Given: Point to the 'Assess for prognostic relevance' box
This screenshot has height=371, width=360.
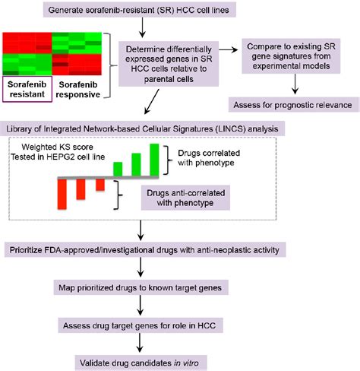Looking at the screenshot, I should pyautogui.click(x=293, y=104).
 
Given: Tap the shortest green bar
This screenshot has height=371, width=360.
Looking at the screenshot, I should pyautogui.click(x=118, y=168).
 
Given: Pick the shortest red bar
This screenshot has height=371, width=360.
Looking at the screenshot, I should pyautogui.click(x=99, y=184).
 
